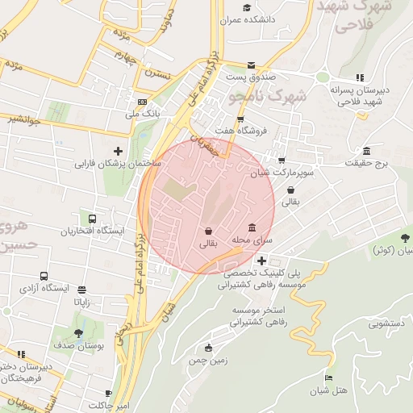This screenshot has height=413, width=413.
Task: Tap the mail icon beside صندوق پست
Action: click(251, 65)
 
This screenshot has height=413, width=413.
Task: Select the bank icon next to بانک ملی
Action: click(142, 102)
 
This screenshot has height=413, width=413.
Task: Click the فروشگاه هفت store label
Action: click(236, 130)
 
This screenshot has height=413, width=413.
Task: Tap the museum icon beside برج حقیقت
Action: click(367, 151)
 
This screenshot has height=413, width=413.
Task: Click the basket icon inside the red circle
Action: click(208, 231)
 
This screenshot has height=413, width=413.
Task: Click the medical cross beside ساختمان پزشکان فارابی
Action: click(119, 151)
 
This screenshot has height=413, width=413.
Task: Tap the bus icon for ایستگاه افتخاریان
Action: click(92, 219)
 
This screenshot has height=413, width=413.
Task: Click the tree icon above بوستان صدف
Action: click(78, 333)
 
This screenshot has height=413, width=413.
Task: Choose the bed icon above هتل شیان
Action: click(327, 378)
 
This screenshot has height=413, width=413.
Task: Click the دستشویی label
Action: click(386, 325)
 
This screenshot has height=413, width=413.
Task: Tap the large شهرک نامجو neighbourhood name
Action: click(267, 97)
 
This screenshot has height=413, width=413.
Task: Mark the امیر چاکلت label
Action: click(110, 404)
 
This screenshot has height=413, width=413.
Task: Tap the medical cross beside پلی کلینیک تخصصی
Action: click(261, 261)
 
